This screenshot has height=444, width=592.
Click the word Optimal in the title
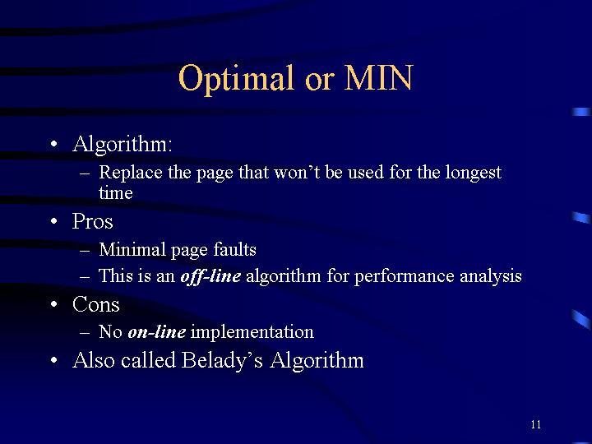(236, 79)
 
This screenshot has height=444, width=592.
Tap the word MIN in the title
(378, 77)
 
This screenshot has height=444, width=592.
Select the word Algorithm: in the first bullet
(123, 145)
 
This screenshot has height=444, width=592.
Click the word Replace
(131, 173)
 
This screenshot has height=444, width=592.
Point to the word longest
(474, 173)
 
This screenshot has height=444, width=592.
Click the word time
(116, 193)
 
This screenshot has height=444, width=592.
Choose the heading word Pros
(92, 221)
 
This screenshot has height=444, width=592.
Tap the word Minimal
(132, 249)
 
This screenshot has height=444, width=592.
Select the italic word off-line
(210, 276)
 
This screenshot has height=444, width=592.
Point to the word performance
(404, 277)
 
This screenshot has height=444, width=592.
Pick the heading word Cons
(96, 304)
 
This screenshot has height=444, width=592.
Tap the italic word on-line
(157, 332)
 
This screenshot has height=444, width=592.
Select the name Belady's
(222, 361)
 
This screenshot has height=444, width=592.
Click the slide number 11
(536, 424)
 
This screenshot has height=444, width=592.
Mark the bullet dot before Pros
(54, 221)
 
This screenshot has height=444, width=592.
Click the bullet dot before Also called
(54, 360)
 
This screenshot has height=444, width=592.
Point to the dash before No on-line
(85, 333)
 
